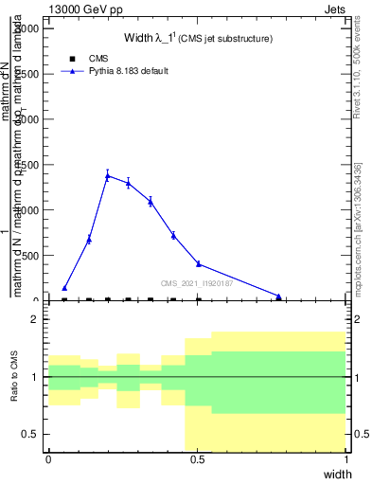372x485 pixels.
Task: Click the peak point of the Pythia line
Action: coord(108,175)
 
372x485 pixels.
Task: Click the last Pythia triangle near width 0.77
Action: coord(278,296)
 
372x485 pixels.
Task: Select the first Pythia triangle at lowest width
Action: coord(64,288)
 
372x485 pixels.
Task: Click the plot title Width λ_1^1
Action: coord(198,39)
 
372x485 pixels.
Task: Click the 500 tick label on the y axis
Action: coord(27,256)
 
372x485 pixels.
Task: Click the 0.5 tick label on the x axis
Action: coord(198,458)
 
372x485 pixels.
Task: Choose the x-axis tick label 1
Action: coord(346,458)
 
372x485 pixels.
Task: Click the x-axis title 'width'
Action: coord(337,474)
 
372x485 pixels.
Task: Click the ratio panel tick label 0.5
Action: coord(30,434)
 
